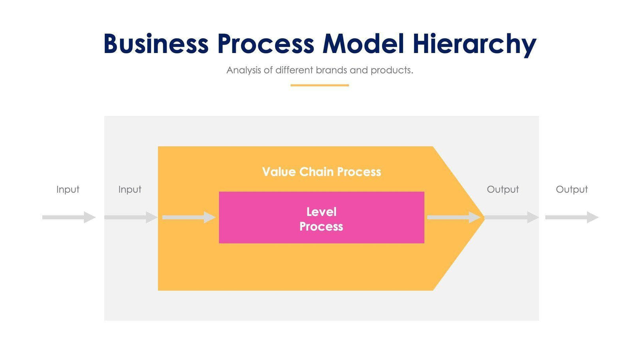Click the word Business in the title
tap(156, 43)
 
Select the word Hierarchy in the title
tap(474, 44)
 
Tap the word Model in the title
tap(363, 43)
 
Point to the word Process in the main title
tap(265, 43)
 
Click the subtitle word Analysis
tap(243, 70)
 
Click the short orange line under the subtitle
tap(319, 85)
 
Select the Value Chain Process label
tap(321, 172)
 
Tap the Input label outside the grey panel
tap(68, 189)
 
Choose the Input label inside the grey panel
tap(130, 189)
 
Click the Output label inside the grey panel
tap(503, 189)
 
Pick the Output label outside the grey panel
tap(572, 189)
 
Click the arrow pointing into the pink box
tap(188, 217)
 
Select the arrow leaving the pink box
tap(453, 217)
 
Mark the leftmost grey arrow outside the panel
tap(69, 217)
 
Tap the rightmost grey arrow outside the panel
tap(572, 217)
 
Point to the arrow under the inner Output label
tap(511, 217)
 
